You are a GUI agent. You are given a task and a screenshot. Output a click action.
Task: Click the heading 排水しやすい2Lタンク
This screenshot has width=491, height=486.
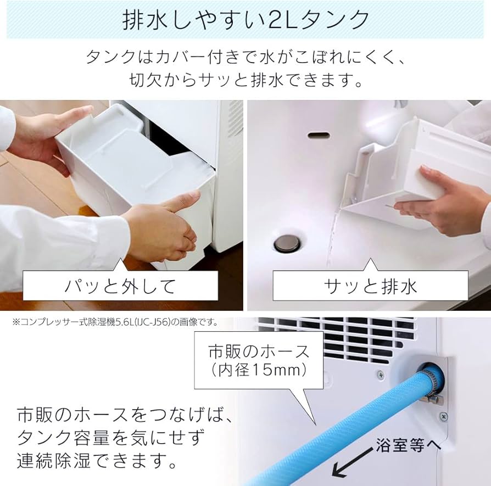click(x=245, y=20)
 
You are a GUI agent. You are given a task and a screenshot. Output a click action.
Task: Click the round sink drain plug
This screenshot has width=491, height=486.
click(x=287, y=243)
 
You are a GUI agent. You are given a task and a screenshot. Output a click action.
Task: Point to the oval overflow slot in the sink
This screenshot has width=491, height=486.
click(x=318, y=135)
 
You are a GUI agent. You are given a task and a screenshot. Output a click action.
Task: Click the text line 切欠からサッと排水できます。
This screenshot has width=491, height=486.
click(x=245, y=80)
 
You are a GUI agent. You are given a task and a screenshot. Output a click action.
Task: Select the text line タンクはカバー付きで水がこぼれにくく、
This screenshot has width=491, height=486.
click(x=245, y=57)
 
